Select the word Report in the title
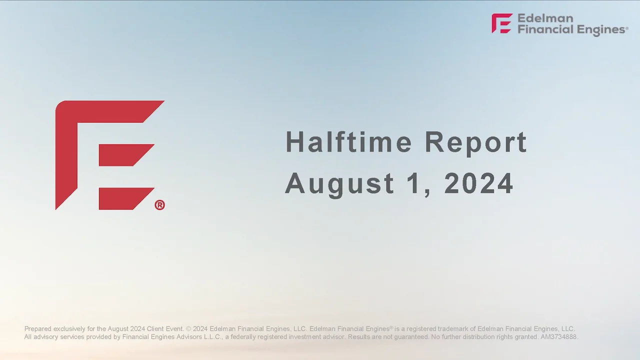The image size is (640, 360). click(x=475, y=143)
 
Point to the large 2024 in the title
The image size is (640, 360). click(x=478, y=183)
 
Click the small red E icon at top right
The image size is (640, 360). click(x=501, y=23)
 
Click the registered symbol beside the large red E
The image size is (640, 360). click(x=159, y=205)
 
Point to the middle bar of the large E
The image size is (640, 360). click(x=125, y=155)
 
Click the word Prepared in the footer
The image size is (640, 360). click(x=37, y=329)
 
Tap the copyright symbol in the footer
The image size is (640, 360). click(x=188, y=329)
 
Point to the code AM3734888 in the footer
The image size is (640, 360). click(x=559, y=337)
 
